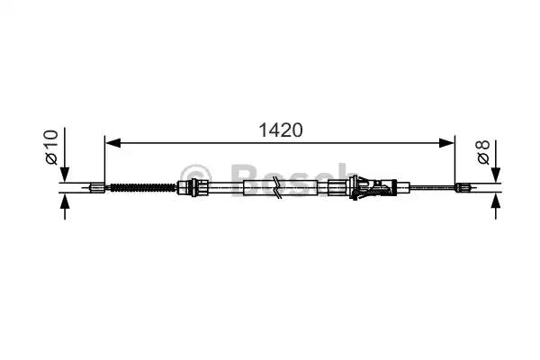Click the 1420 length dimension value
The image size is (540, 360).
point(280,130)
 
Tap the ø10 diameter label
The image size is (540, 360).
point(51,147)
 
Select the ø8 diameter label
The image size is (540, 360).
point(483,152)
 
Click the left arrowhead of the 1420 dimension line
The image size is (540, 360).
point(113,143)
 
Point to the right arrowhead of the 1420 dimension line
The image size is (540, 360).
point(446,143)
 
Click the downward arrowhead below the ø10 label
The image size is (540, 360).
point(65,175)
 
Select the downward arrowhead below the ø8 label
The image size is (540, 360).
point(496,175)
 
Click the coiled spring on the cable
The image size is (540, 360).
point(142,188)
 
